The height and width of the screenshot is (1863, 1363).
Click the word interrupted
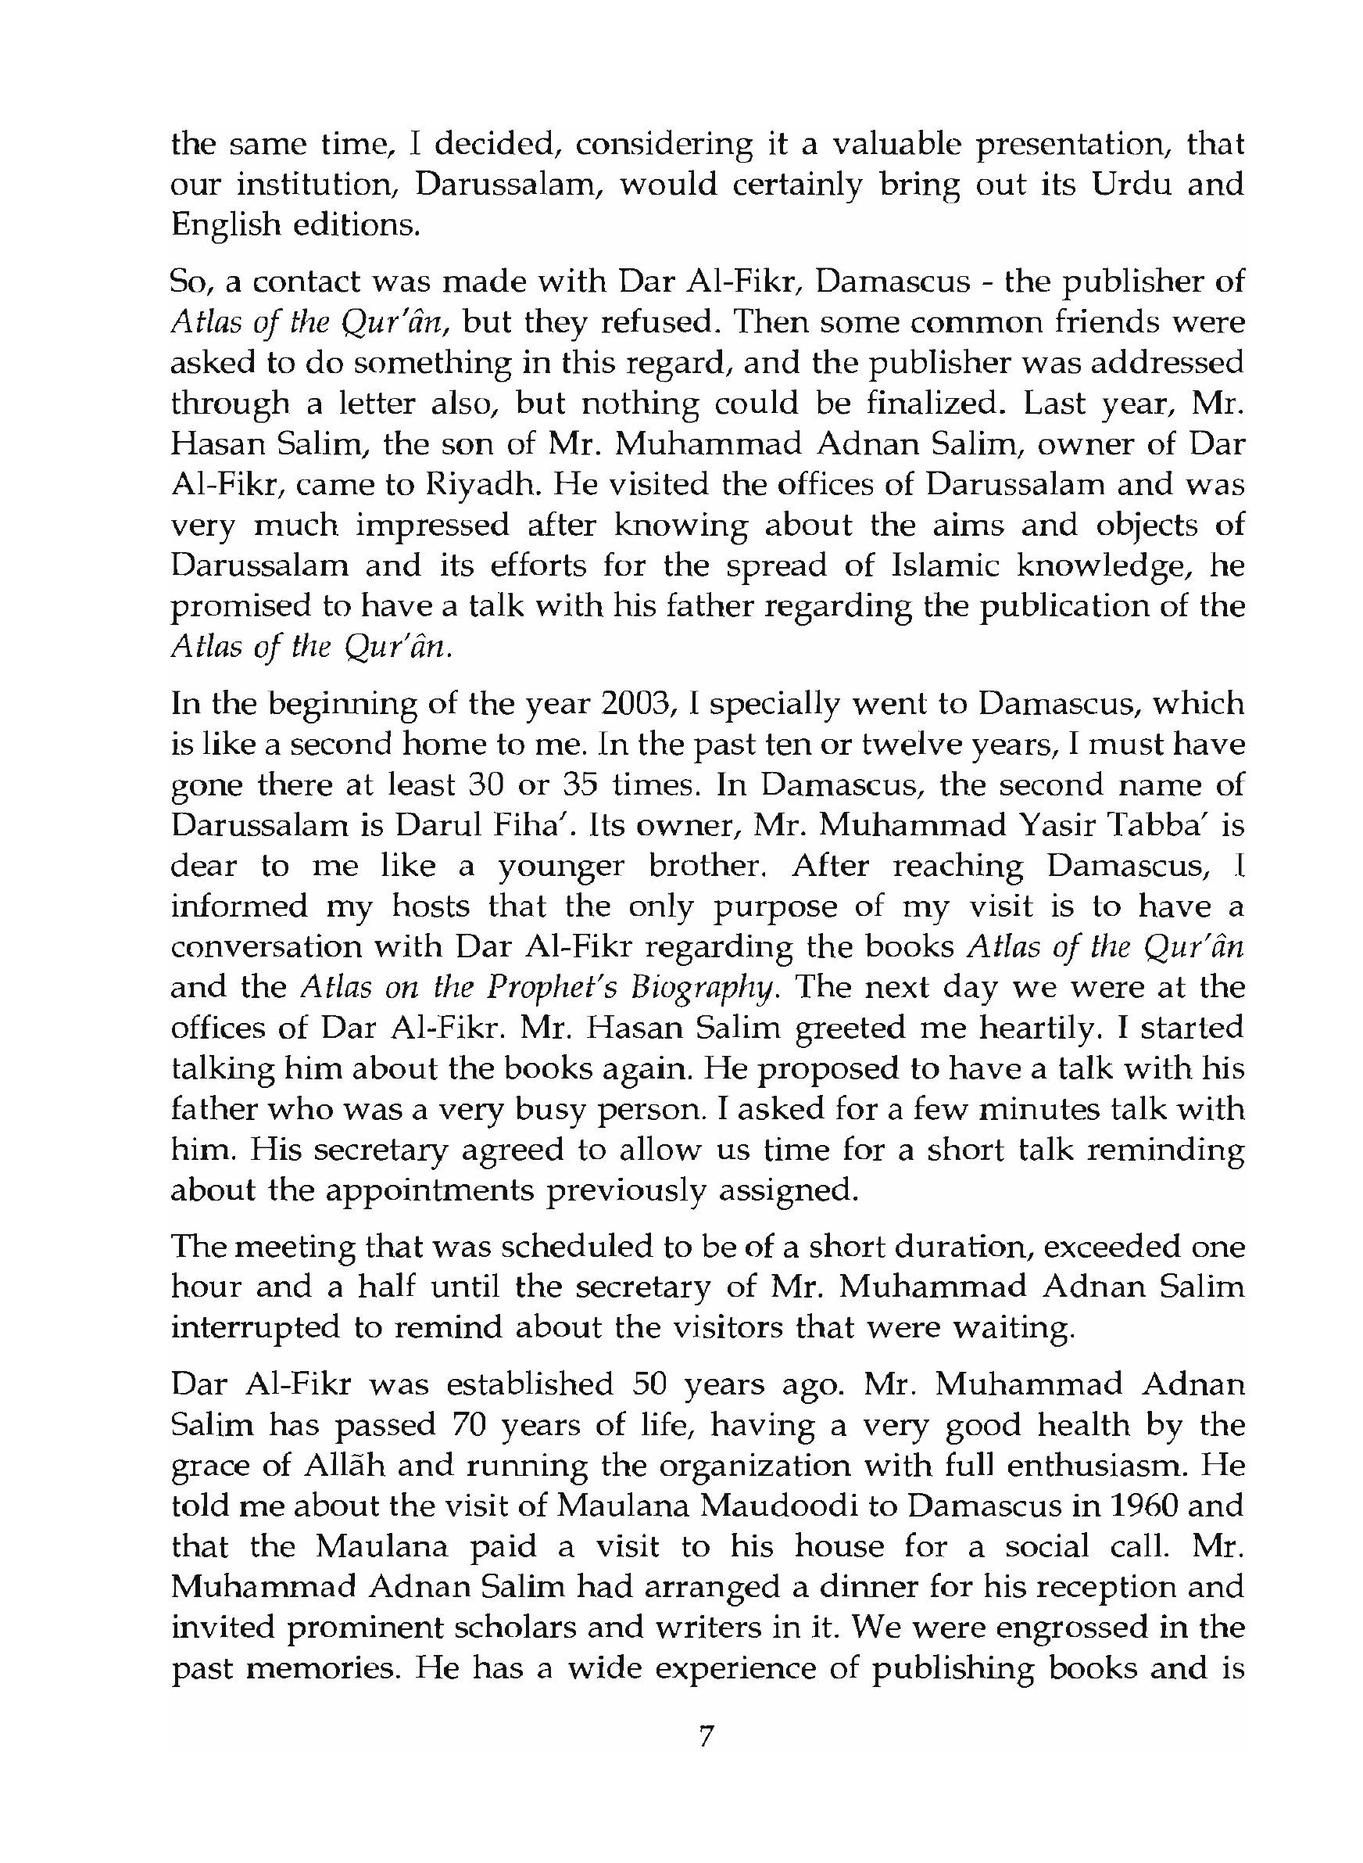[256, 1327]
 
